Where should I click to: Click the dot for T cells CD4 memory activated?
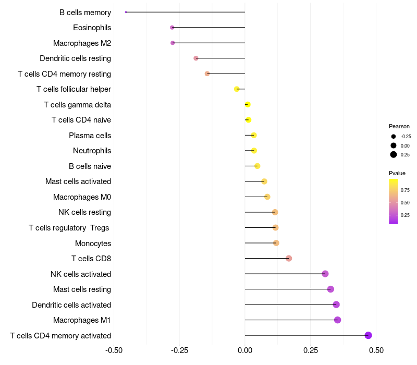pos(368,335)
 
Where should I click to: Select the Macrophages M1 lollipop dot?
pos(337,320)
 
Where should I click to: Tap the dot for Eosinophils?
pos(172,27)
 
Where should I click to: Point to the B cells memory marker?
pos(126,12)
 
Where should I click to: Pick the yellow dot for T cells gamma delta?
pos(248,105)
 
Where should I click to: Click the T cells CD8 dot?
pos(289,258)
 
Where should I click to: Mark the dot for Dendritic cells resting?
pos(196,58)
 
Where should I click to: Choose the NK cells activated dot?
pos(325,274)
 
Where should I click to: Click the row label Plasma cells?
pos(90,136)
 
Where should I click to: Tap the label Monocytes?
pos(93,243)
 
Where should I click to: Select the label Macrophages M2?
pos(82,43)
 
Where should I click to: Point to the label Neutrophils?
pos(92,151)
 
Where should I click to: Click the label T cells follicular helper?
pos(73,89)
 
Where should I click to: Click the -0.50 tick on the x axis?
pos(114,350)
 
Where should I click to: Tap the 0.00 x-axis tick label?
pos(245,350)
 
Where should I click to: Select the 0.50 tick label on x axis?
pos(376,350)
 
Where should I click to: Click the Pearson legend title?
pos(399,126)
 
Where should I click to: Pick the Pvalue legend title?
pos(397,173)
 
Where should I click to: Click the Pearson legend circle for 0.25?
pos(394,154)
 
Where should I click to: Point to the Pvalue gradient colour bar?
pos(394,201)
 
